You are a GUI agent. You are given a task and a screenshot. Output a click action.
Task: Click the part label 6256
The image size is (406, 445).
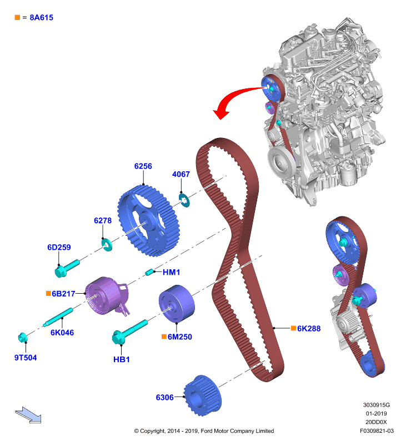pyautogui.click(x=143, y=166)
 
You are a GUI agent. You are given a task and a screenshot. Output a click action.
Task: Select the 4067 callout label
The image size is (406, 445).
pyautogui.click(x=181, y=174)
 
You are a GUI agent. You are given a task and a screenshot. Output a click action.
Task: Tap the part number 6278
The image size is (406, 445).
pyautogui.click(x=103, y=220)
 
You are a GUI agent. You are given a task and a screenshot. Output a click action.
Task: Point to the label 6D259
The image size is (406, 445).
pyautogui.click(x=59, y=247)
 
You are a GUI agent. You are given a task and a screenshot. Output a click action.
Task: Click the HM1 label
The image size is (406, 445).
pyautogui.click(x=171, y=272)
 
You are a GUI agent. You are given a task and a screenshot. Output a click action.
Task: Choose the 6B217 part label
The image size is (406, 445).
pyautogui.click(x=63, y=294)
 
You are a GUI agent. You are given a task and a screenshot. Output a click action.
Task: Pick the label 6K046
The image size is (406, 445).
pyautogui.click(x=62, y=332)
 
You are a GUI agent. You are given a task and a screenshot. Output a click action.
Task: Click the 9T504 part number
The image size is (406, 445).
pyautogui.click(x=26, y=358)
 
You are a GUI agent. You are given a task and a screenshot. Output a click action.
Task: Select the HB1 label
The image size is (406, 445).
pyautogui.click(x=121, y=359)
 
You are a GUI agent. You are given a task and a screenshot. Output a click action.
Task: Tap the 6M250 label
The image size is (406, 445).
pyautogui.click(x=179, y=337)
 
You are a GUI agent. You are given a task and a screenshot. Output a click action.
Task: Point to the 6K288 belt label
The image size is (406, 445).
pyautogui.click(x=309, y=329)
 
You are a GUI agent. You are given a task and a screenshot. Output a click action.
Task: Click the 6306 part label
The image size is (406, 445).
pyautogui.click(x=164, y=397)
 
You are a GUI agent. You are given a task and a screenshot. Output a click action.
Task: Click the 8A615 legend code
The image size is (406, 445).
pyautogui.click(x=41, y=18)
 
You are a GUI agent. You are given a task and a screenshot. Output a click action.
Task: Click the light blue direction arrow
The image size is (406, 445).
pyautogui.click(x=28, y=414)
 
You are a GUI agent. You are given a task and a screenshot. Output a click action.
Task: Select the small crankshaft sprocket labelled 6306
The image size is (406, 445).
pyautogui.click(x=202, y=396)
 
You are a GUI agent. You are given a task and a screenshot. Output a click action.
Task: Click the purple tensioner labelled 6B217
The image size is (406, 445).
pyautogui.click(x=107, y=296)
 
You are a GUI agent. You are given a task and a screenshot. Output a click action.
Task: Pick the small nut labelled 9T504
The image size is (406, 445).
pyautogui.click(x=23, y=338)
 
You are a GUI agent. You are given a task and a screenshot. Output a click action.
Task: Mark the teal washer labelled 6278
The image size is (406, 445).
pyautogui.click(x=107, y=245)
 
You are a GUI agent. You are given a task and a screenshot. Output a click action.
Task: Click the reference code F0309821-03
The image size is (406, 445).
pyautogui.click(x=377, y=431)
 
